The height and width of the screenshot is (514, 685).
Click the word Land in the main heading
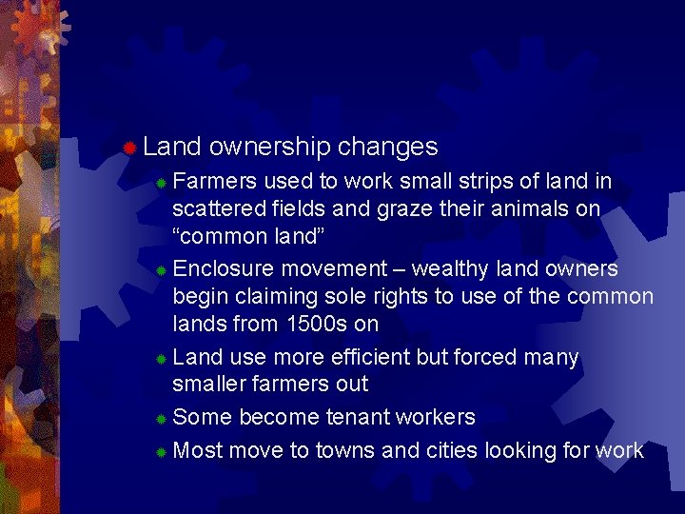[171, 147]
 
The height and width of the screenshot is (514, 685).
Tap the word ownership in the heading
[269, 148]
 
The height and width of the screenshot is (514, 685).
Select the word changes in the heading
[387, 148]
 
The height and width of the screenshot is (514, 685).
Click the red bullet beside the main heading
[129, 148]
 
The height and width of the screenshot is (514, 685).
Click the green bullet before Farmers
[163, 182]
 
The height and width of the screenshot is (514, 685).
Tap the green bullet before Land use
[163, 359]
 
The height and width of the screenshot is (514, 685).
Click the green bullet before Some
[163, 419]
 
